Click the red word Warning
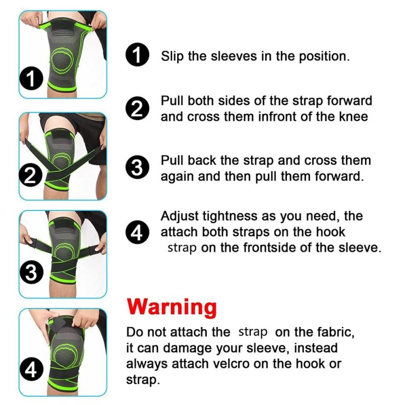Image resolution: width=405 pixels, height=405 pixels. click(171, 307)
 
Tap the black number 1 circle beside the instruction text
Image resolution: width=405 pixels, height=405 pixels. click(137, 54)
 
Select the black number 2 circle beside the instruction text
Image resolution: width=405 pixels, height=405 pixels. click(137, 109)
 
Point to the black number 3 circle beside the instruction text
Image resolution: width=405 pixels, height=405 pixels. click(137, 168)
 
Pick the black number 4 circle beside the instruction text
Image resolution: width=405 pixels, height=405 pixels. click(137, 232)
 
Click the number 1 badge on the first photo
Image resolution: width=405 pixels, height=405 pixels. click(31, 78)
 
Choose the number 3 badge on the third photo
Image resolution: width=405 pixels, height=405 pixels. click(31, 273)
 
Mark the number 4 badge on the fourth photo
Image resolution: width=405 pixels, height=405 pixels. click(31, 370)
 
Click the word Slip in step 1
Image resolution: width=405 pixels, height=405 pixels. click(172, 56)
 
